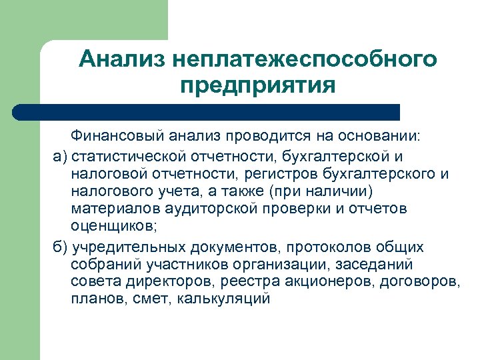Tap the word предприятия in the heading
[x=257, y=86]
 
